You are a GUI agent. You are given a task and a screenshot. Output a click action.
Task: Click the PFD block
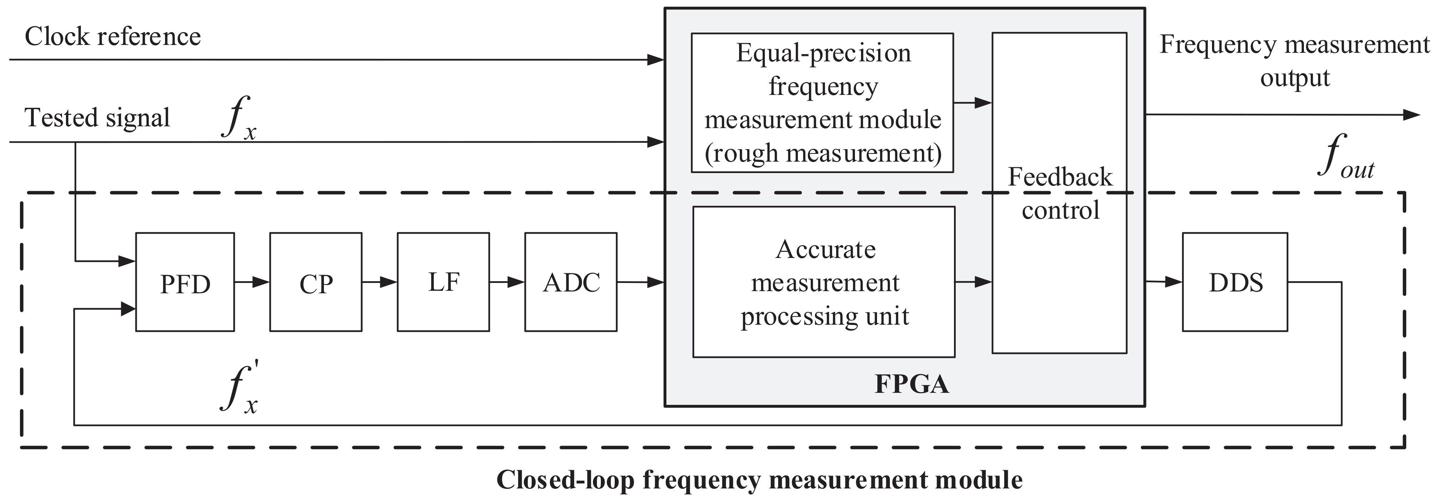185,282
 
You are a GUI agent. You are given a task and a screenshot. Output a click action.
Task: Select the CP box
316,282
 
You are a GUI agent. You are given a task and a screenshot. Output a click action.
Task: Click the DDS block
1235,282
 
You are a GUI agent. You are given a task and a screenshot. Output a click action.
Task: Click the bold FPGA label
912,385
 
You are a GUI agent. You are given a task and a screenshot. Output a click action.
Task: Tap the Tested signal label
97,118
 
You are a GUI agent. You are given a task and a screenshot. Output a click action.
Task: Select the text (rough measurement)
823,153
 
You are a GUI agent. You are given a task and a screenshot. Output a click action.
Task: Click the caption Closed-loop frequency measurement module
759,480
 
